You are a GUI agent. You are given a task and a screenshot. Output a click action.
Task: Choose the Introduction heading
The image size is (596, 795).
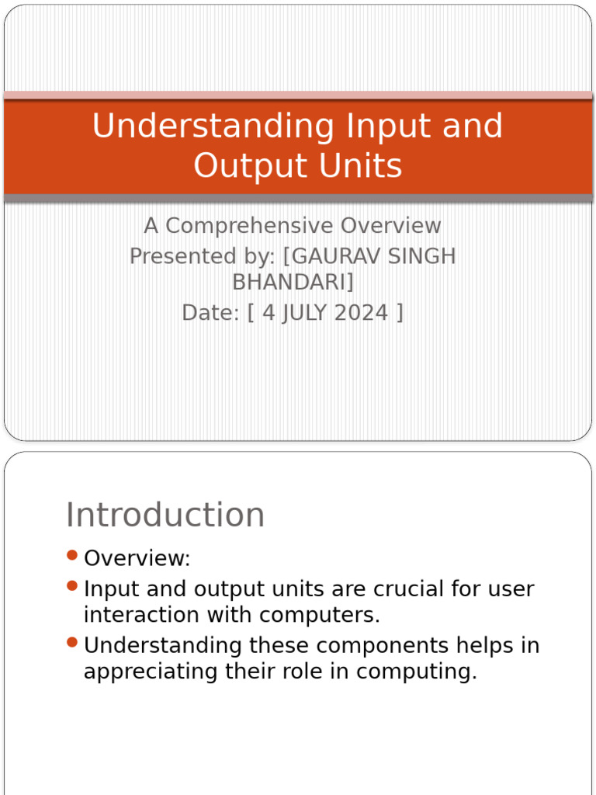(165, 515)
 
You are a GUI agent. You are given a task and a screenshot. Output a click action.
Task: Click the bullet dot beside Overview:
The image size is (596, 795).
(72, 555)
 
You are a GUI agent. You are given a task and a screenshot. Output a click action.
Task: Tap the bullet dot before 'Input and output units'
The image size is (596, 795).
(72, 585)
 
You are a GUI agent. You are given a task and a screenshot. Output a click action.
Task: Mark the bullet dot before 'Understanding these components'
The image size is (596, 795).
(72, 642)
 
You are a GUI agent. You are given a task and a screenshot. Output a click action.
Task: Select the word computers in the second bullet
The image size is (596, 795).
(320, 615)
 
